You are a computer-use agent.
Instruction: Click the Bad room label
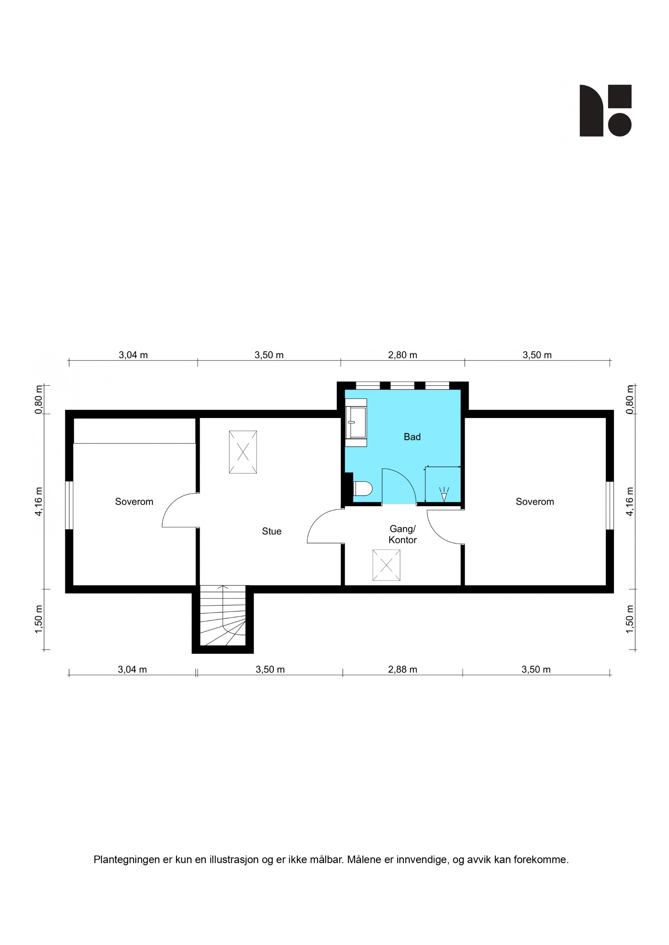point(412,437)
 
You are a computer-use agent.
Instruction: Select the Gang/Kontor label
point(402,534)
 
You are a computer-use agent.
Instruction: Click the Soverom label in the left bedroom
point(134,502)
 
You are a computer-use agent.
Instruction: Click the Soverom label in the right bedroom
point(535,502)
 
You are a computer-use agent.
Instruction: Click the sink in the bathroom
point(356,422)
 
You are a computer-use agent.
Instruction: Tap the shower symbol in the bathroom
point(444,494)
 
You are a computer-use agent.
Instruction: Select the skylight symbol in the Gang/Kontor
point(386,565)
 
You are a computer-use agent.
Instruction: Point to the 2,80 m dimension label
point(402,355)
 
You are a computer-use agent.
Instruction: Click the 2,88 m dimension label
point(402,669)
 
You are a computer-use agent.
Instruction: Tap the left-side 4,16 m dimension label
point(39,501)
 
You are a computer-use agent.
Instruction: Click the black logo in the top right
point(605,110)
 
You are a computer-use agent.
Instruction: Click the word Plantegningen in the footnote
point(126,860)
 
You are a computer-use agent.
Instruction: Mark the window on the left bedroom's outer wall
point(69,505)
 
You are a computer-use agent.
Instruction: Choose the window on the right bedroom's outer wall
point(610,505)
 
